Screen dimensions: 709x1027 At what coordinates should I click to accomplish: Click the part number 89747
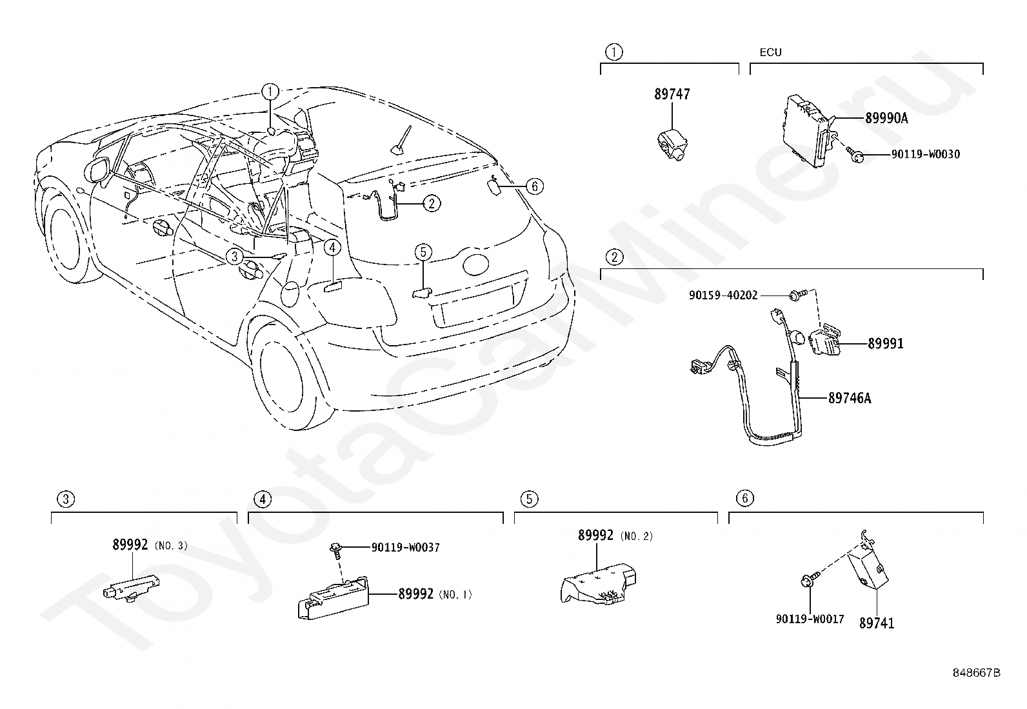click(672, 94)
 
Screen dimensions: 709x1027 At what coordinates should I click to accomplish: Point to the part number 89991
click(885, 343)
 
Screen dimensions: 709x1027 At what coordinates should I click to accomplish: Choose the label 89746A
click(850, 398)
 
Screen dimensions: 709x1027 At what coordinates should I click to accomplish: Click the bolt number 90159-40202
click(723, 295)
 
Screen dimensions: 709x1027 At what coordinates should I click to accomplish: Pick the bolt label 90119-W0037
click(406, 547)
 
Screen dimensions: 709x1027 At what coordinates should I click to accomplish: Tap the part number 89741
click(877, 623)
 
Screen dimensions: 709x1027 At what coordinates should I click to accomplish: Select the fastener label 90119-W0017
click(810, 619)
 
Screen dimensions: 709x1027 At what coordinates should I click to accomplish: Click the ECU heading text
click(770, 53)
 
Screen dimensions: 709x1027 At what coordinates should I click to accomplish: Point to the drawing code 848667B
click(977, 673)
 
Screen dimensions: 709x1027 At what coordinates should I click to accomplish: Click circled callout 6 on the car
click(534, 187)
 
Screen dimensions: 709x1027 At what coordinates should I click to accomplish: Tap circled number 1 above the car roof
click(270, 92)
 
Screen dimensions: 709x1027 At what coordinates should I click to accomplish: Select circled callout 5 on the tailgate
click(423, 252)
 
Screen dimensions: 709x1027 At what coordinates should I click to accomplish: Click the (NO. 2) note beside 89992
click(636, 536)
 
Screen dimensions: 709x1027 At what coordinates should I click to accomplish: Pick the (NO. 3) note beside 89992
click(170, 545)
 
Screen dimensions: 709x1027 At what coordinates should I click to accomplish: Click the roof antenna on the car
click(403, 142)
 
